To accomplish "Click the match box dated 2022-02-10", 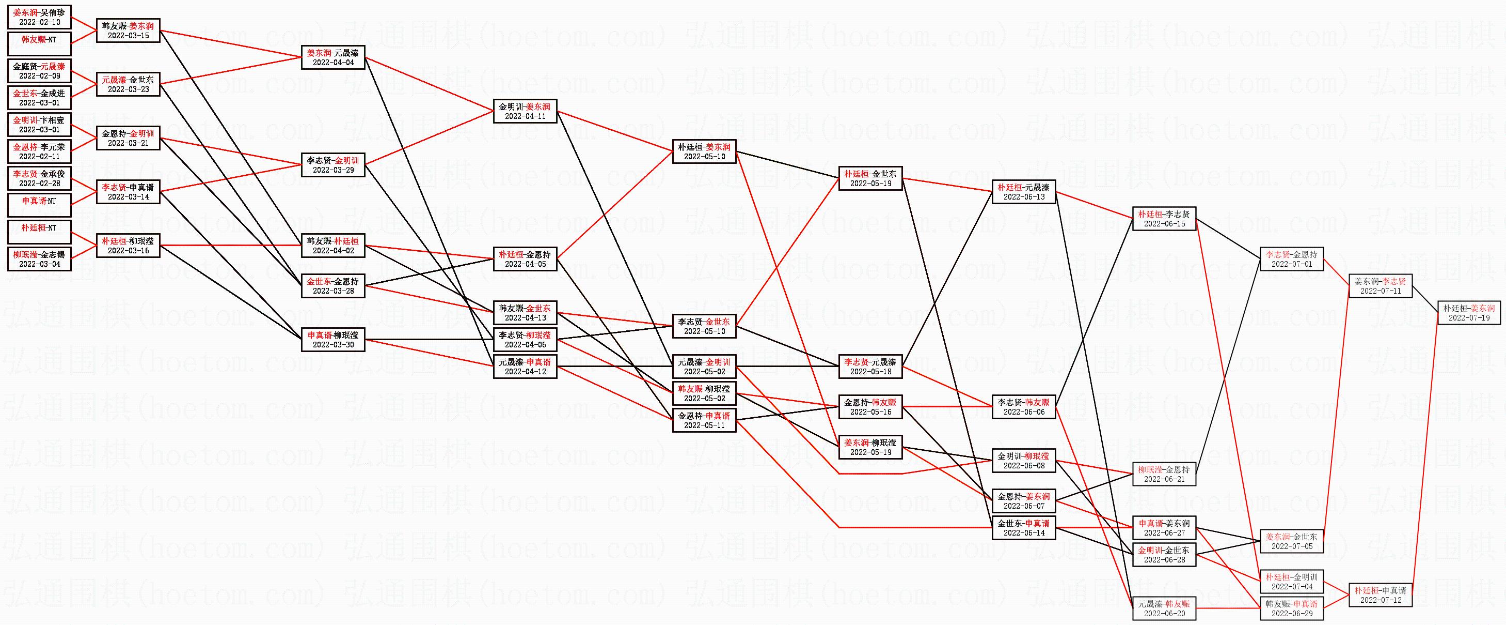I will click(x=39, y=17).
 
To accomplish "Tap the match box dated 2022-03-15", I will click(x=128, y=31).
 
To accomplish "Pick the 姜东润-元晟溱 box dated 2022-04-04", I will click(x=333, y=57).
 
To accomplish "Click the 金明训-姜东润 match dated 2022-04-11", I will click(x=525, y=111).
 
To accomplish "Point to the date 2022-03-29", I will click(x=333, y=170).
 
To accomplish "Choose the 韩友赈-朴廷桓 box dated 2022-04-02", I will click(x=333, y=246).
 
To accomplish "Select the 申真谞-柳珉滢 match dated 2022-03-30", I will click(x=333, y=340).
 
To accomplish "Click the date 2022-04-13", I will click(x=525, y=318).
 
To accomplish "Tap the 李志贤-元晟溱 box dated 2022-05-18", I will click(x=870, y=367).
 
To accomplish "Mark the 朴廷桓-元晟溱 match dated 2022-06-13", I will click(x=1024, y=192).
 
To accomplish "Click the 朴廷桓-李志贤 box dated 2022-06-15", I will click(x=1164, y=219).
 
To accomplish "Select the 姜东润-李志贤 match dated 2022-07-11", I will click(x=1381, y=286).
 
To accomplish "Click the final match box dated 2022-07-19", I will click(x=1469, y=313).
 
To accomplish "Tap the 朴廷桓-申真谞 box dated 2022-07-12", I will click(x=1381, y=595).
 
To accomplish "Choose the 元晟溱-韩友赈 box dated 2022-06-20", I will click(x=1164, y=608).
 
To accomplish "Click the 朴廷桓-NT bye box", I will click(x=39, y=232).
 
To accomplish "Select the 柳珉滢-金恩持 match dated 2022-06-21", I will click(x=1164, y=474).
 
